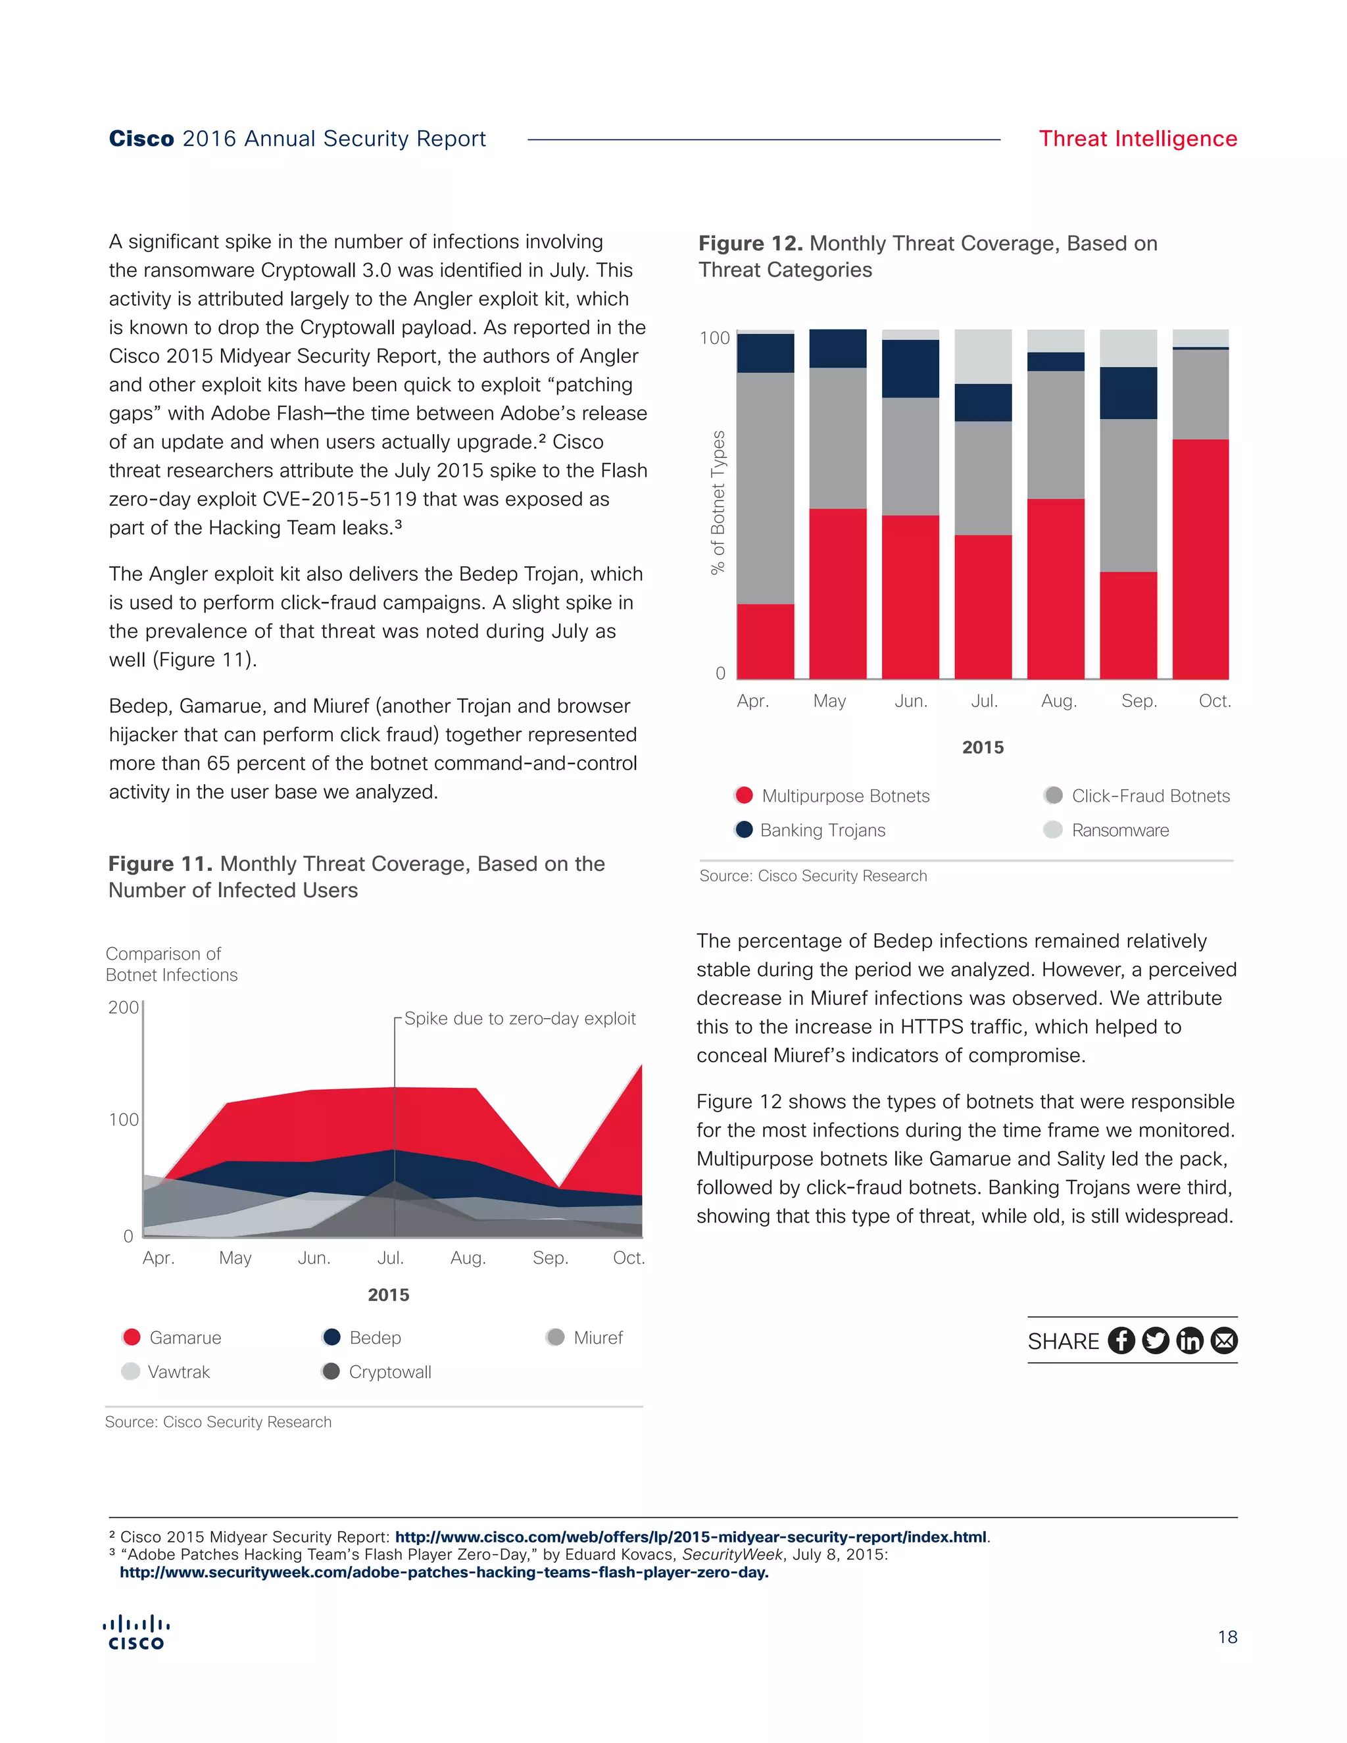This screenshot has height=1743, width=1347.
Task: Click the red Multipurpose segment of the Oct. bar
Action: point(1200,558)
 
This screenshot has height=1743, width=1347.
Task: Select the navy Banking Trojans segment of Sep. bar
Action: point(1129,393)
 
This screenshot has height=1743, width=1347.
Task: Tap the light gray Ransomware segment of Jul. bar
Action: point(983,356)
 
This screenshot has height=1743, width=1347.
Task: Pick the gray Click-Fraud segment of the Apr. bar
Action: point(766,487)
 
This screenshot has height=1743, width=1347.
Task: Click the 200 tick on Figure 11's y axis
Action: point(123,1007)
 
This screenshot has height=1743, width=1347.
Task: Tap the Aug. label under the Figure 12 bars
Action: point(1058,700)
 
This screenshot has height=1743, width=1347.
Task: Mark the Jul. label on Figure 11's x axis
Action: point(390,1258)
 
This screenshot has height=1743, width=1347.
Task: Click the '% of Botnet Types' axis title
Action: point(718,502)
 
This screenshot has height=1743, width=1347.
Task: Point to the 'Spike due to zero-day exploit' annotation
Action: point(520,1018)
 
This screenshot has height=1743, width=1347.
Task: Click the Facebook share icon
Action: point(1121,1340)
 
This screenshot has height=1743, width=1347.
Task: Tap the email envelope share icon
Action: point(1224,1340)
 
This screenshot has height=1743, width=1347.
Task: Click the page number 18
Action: point(1227,1637)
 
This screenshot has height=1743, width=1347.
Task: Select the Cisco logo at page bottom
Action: point(135,1632)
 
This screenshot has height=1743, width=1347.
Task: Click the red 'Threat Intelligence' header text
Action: point(1137,139)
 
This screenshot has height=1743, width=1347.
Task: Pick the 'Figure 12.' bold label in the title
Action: point(750,243)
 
